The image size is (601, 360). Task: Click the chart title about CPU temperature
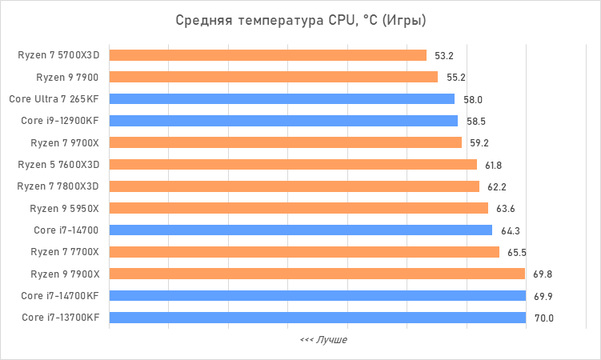[300, 20]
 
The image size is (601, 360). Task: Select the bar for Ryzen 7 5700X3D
[267, 55]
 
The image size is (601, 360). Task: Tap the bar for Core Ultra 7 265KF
[282, 99]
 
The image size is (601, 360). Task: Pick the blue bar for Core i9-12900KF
[283, 121]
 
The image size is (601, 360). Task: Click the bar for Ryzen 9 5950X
[298, 208]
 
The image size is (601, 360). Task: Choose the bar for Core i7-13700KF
[317, 318]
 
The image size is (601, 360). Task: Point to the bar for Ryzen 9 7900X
[317, 274]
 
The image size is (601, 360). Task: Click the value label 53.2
[444, 56]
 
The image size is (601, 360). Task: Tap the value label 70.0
[543, 318]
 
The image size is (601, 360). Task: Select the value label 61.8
[495, 165]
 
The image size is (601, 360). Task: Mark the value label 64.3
[510, 230]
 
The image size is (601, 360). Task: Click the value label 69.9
[543, 296]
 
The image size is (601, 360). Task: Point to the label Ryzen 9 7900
[68, 78]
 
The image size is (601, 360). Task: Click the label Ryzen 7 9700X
[65, 143]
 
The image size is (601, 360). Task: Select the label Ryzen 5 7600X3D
[58, 165]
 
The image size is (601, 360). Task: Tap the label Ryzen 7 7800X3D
[58, 186]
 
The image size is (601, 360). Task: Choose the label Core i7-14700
[66, 230]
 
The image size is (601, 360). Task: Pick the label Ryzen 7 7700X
[65, 252]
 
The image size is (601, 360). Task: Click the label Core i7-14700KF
[61, 296]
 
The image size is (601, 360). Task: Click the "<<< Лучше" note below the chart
[323, 340]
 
